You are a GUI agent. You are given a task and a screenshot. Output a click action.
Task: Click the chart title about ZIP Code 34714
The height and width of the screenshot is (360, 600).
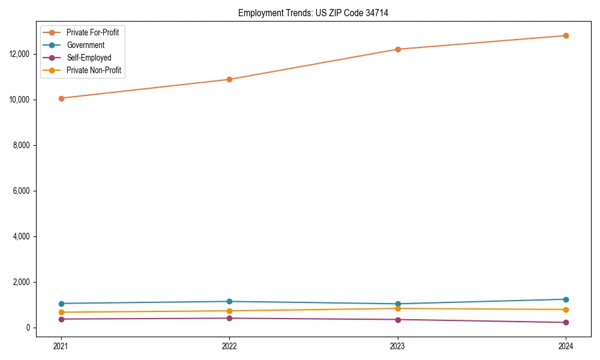point(313,13)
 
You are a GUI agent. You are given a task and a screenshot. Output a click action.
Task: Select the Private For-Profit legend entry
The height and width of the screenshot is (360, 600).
point(92,32)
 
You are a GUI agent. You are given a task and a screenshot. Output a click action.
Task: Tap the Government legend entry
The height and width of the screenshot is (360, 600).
point(85,45)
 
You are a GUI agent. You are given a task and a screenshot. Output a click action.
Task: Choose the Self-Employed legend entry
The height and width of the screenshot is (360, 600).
point(89,58)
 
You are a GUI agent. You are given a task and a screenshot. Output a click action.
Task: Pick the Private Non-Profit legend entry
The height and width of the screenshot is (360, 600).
point(94,70)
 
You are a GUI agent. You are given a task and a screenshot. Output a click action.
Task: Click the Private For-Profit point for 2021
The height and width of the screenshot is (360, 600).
point(61,98)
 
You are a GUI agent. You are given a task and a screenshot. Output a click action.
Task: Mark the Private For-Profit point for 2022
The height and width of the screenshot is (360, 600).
point(229,79)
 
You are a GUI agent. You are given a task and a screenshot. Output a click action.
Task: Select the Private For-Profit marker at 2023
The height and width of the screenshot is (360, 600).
point(398,49)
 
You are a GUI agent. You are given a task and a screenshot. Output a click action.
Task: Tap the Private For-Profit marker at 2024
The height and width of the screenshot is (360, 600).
point(566,35)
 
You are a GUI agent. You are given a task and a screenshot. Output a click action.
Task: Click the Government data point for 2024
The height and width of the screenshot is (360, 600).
point(566,299)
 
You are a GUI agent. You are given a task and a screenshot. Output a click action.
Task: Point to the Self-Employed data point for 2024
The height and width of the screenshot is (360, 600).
point(566,323)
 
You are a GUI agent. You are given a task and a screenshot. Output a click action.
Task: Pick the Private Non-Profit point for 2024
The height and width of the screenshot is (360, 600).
point(566,310)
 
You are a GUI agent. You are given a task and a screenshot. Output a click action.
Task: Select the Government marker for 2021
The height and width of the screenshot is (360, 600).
point(61,304)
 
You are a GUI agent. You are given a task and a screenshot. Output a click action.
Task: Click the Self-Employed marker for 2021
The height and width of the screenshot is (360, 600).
point(61,319)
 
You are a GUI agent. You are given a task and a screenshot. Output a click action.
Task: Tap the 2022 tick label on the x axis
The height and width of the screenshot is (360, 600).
point(229,346)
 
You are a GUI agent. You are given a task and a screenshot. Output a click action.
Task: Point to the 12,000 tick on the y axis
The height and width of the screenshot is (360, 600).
point(20,54)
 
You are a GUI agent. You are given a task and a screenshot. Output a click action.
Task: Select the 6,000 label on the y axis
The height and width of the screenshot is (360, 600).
point(22,191)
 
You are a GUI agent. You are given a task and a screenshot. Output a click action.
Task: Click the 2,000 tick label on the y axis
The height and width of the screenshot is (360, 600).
point(22,282)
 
